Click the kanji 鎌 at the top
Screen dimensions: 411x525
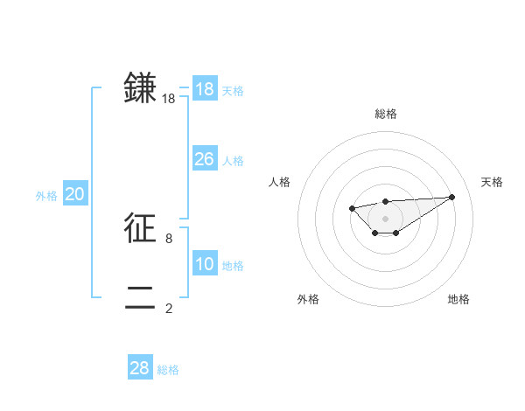pos(140,88)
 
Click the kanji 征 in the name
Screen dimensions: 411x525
pos(140,228)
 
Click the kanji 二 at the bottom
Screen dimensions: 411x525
pos(140,297)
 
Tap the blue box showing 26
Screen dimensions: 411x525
pos(204,159)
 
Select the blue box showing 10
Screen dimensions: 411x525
pos(204,264)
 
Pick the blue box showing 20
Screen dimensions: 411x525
pos(74,194)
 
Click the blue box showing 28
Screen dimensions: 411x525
pos(140,368)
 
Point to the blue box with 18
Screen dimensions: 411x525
pos(204,89)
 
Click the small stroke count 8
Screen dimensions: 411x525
pos(169,238)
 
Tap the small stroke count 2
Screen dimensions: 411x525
pos(169,308)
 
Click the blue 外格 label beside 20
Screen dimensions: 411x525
pos(46,196)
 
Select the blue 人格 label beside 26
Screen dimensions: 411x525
pos(233,161)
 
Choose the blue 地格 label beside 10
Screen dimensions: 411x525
pos(233,266)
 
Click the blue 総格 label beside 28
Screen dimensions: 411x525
pos(168,370)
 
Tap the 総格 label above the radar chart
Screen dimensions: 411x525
pos(386,114)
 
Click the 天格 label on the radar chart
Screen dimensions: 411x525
pos(492,182)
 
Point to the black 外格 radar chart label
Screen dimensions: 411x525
pos(308,299)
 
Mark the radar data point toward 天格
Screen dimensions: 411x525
pos(451,197)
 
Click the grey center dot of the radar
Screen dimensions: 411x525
pos(386,218)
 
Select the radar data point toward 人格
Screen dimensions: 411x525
pos(351,207)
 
